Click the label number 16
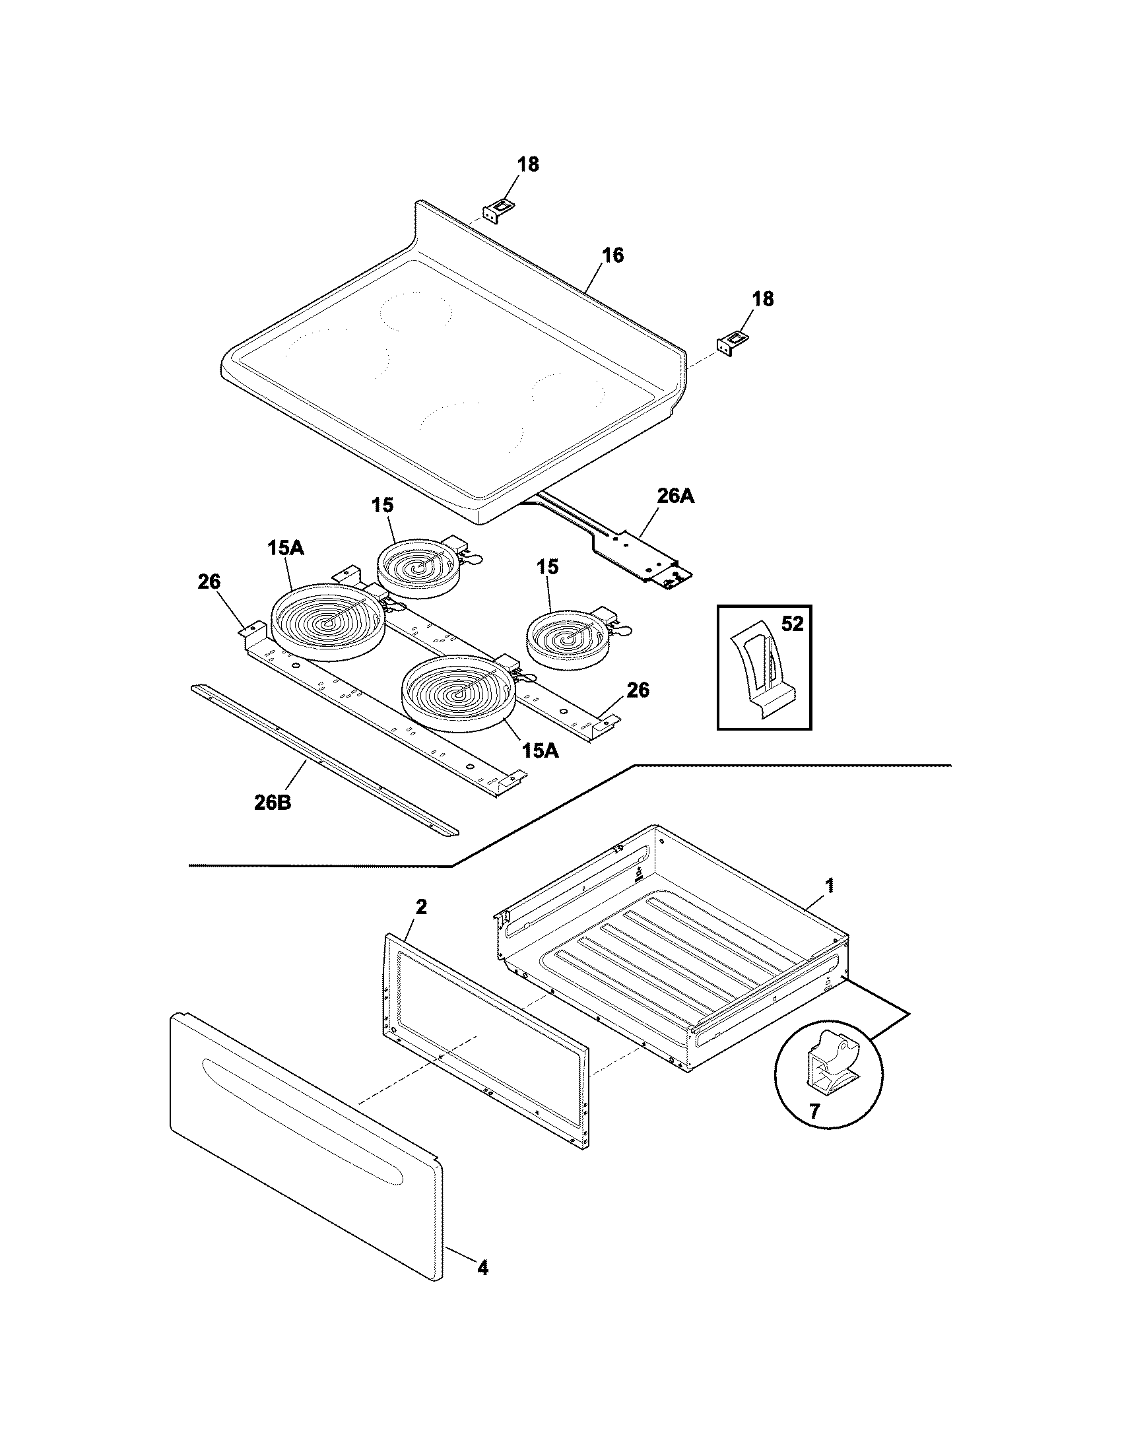pyautogui.click(x=613, y=255)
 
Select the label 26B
pyautogui.click(x=272, y=803)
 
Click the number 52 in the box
pyautogui.click(x=791, y=624)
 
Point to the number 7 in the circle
pyautogui.click(x=814, y=1110)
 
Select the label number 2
pyautogui.click(x=421, y=907)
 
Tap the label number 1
pyautogui.click(x=829, y=885)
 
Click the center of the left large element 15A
pyautogui.click(x=329, y=622)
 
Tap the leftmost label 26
pyautogui.click(x=209, y=581)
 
